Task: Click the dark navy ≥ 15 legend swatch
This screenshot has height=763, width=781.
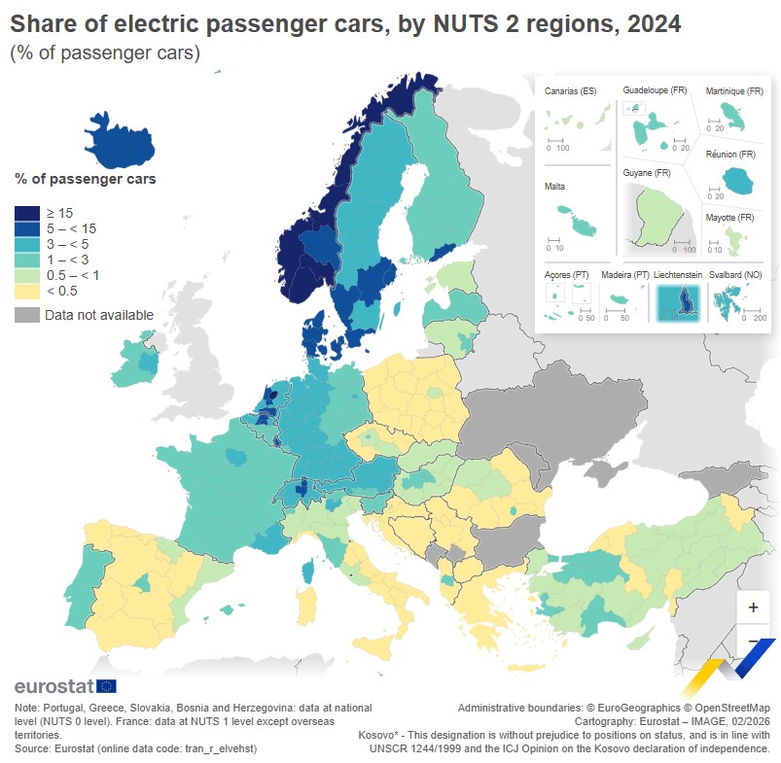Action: tap(26, 213)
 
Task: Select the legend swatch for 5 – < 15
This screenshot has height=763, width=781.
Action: tap(26, 228)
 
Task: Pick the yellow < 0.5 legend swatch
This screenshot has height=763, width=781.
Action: tap(26, 291)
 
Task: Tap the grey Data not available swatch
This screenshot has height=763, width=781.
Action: tap(26, 314)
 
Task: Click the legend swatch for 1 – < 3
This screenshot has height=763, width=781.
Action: tap(26, 260)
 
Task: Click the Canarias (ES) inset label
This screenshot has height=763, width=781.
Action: tap(571, 91)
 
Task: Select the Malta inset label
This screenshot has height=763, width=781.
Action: tap(555, 186)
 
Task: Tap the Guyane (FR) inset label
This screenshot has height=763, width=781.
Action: tap(647, 173)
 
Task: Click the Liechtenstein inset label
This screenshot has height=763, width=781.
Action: tap(678, 275)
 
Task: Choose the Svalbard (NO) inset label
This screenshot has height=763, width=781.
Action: tap(736, 275)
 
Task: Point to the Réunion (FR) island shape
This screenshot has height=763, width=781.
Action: tap(737, 179)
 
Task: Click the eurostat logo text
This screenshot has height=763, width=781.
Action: tap(53, 686)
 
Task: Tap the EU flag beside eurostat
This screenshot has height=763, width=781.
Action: tap(106, 686)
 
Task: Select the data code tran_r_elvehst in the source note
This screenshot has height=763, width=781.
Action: tap(223, 748)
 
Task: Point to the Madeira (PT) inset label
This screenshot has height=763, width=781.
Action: tap(625, 275)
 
